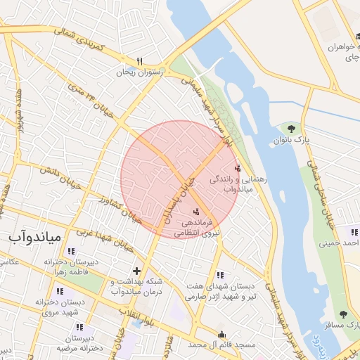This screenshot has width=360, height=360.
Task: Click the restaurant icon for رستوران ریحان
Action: [139, 61]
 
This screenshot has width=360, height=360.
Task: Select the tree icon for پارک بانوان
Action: [290, 128]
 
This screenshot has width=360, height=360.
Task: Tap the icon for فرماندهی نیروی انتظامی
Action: [195, 211]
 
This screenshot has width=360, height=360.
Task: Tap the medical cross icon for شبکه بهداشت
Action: [136, 271]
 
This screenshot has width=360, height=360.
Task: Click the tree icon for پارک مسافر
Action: [343, 314]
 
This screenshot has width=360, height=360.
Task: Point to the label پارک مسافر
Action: [345, 326]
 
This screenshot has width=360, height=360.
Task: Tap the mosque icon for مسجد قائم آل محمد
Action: [222, 334]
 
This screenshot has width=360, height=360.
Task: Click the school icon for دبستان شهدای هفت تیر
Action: [220, 276]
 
